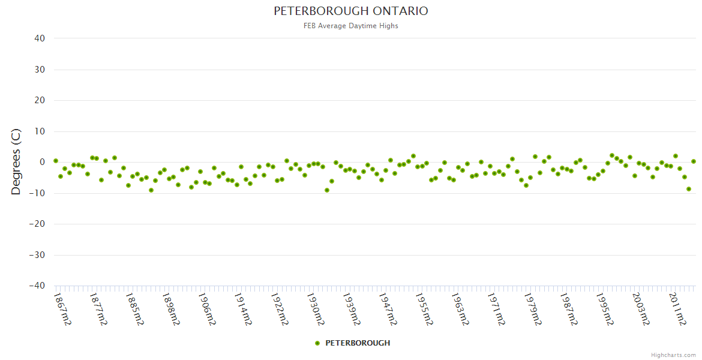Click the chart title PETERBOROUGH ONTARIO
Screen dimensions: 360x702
tap(351, 11)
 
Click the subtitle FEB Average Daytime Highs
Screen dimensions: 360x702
tap(351, 26)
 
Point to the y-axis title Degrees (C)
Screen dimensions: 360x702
tap(16, 162)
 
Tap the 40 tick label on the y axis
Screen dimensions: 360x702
tap(40, 38)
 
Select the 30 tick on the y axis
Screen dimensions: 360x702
tap(40, 70)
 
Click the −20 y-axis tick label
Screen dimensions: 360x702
tap(37, 224)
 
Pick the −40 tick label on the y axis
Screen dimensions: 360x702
tap(37, 286)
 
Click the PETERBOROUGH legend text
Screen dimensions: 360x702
tap(358, 343)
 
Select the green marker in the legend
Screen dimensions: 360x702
tap(317, 343)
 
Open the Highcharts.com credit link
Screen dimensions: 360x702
tap(673, 355)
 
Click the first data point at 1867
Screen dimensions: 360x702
tap(56, 161)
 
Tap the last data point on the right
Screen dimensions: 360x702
tap(694, 161)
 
